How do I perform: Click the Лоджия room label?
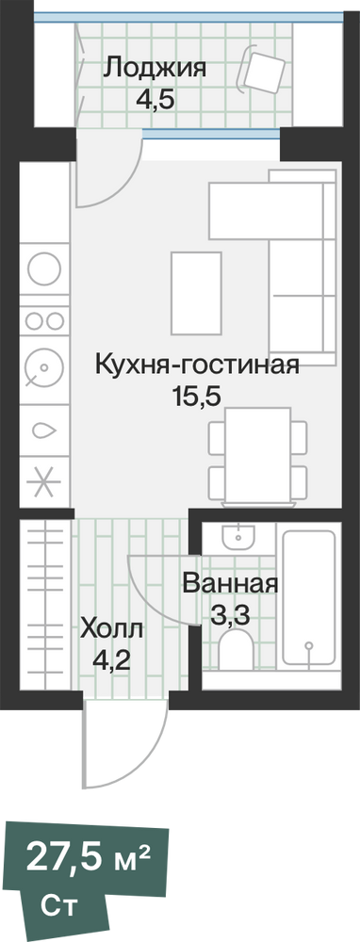pyautogui.click(x=155, y=69)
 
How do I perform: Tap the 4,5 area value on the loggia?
pyautogui.click(x=155, y=99)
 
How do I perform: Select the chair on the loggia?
pyautogui.click(x=263, y=71)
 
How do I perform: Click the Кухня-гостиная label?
pyautogui.click(x=197, y=365)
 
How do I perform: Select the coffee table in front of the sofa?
pyautogui.click(x=196, y=293)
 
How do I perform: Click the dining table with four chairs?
pyautogui.click(x=258, y=455)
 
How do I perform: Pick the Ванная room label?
pyautogui.click(x=231, y=584)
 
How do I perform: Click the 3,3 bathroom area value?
pyautogui.click(x=230, y=615)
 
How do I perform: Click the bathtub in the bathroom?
pyautogui.click(x=308, y=596)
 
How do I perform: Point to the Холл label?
pyautogui.click(x=112, y=630)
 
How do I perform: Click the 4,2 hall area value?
pyautogui.click(x=112, y=661)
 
